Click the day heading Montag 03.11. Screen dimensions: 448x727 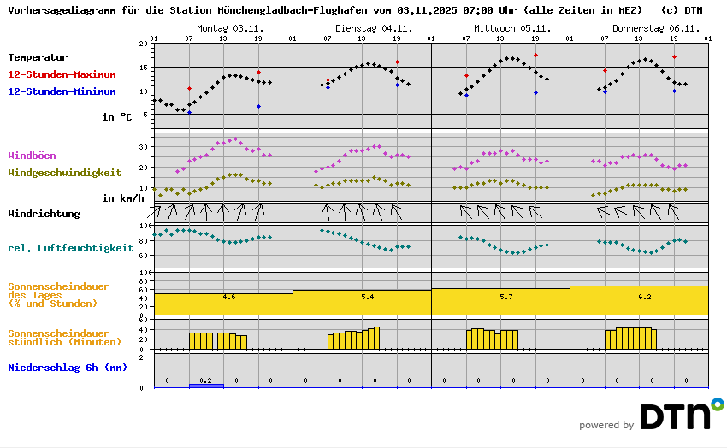[x=230, y=28]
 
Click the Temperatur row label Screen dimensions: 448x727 [x=38, y=57]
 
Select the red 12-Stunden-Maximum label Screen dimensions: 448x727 [x=62, y=74]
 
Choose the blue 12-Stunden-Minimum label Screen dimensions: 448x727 [x=62, y=91]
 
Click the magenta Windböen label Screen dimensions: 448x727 [x=32, y=156]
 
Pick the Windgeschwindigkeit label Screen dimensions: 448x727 [x=64, y=172]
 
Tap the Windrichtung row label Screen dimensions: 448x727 [x=44, y=213]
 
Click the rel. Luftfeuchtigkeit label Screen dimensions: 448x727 [x=70, y=248]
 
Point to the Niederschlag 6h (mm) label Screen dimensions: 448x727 [x=68, y=368]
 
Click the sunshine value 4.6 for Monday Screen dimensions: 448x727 [x=229, y=296]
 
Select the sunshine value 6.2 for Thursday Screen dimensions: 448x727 [x=645, y=297]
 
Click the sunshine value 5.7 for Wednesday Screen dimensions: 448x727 [x=506, y=296]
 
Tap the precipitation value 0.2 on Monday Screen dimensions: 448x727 [x=205, y=380]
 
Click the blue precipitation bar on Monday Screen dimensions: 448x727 [x=206, y=386]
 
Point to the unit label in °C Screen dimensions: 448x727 [x=117, y=116]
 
